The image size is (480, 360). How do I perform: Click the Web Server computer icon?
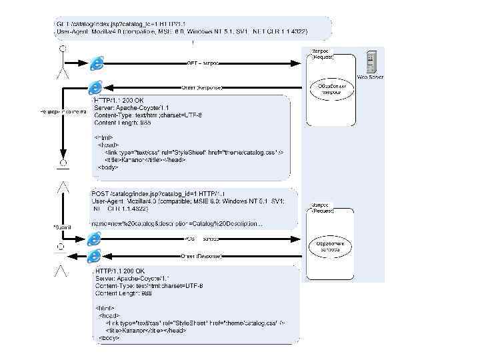coord(370,61)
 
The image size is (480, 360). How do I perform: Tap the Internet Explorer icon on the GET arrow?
coord(98,63)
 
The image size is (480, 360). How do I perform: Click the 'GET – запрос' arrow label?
coord(203,63)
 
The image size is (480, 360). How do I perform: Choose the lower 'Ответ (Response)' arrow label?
coord(201,255)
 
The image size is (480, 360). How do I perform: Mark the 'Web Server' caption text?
coord(370,77)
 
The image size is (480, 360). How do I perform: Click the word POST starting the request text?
coord(99,193)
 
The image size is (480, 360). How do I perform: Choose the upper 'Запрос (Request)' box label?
coord(323,54)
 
